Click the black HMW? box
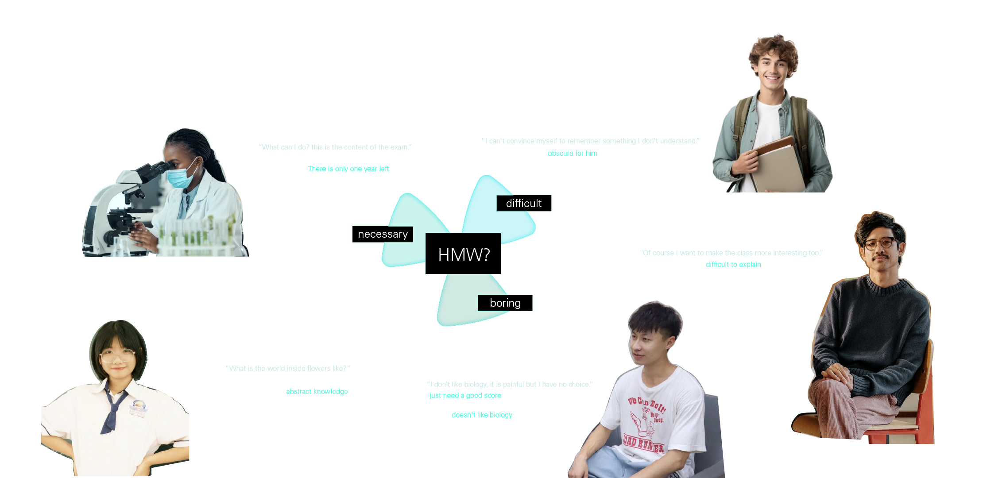tap(463, 254)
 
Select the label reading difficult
tap(524, 203)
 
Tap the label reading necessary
tap(383, 234)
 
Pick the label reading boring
tap(505, 303)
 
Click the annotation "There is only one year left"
tap(348, 169)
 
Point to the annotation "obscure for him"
tap(573, 154)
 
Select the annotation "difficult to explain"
tap(733, 265)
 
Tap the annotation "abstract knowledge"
tap(317, 392)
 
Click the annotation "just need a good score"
tap(465, 396)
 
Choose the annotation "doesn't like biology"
tap(482, 415)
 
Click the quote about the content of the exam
tap(335, 147)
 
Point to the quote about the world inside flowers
tap(288, 369)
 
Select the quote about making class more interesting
tap(731, 253)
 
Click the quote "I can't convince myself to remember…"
tap(591, 141)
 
